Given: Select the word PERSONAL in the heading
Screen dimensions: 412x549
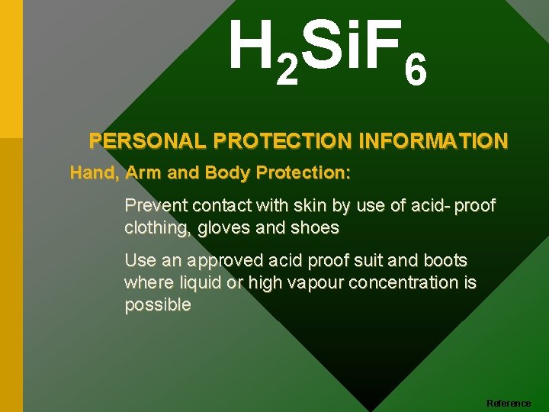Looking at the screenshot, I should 149,141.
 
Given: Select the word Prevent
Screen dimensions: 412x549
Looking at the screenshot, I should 156,206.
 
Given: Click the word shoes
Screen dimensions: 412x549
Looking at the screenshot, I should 315,228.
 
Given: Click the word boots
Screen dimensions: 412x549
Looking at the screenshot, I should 445,261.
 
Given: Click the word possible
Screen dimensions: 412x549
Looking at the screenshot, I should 157,305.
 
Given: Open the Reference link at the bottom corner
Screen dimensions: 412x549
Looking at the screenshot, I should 509,403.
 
